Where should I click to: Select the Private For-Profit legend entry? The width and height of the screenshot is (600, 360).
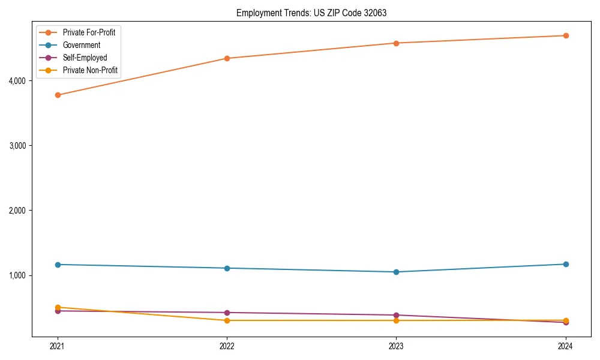click(89, 32)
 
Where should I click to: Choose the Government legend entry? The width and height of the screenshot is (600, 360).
click(81, 45)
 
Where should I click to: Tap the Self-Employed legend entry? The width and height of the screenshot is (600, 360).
click(85, 58)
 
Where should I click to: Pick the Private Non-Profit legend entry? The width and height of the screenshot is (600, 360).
click(90, 71)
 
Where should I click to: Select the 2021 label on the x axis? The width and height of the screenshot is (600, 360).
click(58, 346)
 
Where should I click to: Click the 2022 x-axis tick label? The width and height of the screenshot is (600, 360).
click(227, 346)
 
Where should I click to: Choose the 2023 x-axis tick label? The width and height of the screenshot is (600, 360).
click(396, 346)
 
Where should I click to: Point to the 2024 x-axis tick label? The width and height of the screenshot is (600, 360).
click(565, 346)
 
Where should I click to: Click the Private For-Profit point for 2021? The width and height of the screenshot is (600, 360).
click(58, 95)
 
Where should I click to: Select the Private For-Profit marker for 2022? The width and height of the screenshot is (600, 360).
click(227, 58)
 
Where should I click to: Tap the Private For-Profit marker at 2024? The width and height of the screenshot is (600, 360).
click(565, 35)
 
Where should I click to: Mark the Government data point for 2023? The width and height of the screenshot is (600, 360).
click(396, 272)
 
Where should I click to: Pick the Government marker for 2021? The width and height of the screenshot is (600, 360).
click(58, 265)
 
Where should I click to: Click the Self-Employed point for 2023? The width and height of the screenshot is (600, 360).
click(396, 315)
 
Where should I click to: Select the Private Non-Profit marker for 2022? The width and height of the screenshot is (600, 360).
click(227, 320)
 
